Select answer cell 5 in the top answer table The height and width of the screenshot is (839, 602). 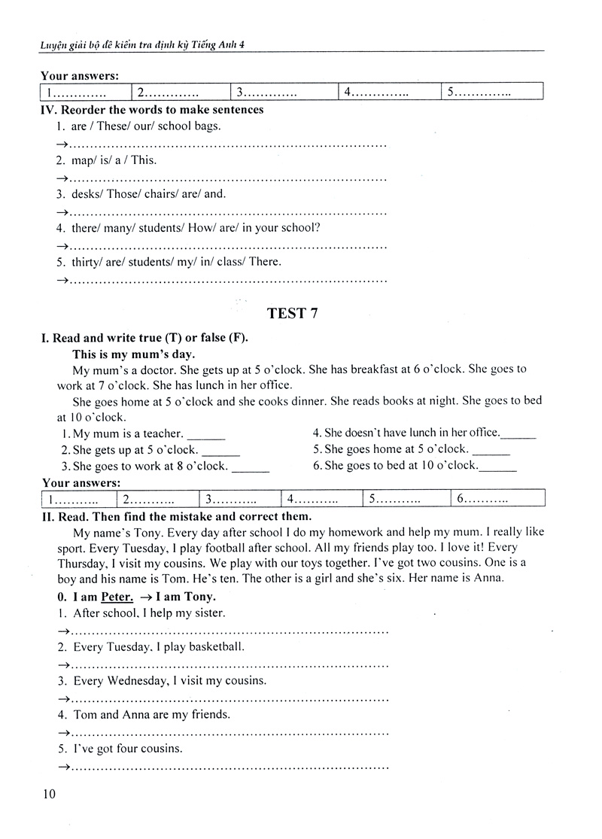491,93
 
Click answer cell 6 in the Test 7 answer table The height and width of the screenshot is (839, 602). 497,499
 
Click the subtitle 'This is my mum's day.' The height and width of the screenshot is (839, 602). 133,354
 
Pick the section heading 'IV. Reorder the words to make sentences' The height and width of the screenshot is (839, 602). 152,110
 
